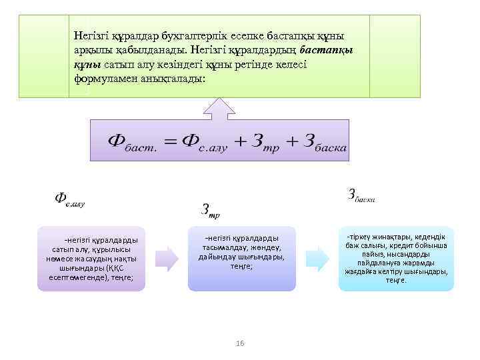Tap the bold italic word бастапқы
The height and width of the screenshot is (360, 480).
coord(327,49)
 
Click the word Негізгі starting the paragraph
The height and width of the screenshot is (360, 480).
coord(93,35)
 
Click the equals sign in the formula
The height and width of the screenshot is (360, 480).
coord(171,141)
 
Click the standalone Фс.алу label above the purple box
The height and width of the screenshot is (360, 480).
coord(69,199)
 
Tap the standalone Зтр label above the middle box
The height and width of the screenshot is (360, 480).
coord(210,211)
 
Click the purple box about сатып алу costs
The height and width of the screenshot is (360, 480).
coord(91,259)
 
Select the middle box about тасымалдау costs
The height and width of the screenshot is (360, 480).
coord(241,260)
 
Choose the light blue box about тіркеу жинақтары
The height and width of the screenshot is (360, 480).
coord(396,259)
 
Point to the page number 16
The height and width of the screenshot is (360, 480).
coord(240,343)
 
